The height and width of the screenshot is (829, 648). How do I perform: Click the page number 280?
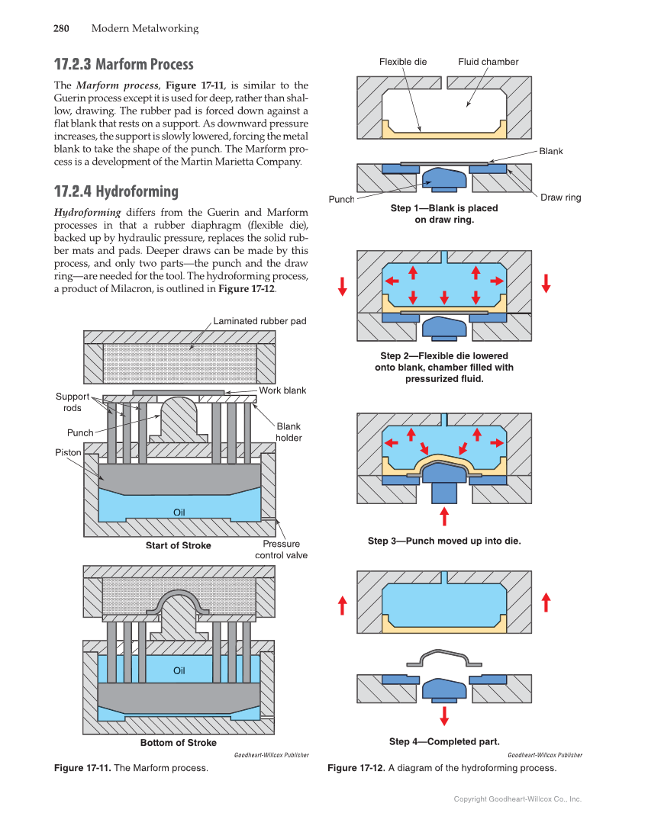pyautogui.click(x=61, y=29)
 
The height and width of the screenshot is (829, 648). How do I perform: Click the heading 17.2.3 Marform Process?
pyautogui.click(x=124, y=64)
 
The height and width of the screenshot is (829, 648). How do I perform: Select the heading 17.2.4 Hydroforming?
pyautogui.click(x=116, y=191)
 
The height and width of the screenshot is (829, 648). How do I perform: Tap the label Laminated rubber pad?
pyautogui.click(x=260, y=321)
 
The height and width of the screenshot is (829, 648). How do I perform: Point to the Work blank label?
pyautogui.click(x=282, y=390)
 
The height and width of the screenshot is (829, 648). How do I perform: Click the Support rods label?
pyautogui.click(x=73, y=402)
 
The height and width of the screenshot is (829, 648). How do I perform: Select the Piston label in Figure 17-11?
pyautogui.click(x=68, y=452)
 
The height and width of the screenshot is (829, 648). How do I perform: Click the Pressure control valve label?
pyautogui.click(x=281, y=550)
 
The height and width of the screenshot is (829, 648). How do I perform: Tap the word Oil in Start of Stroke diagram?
pyautogui.click(x=179, y=512)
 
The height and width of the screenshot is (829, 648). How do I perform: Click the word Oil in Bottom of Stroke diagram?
pyautogui.click(x=179, y=670)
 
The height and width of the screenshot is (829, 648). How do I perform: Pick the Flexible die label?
pyautogui.click(x=403, y=62)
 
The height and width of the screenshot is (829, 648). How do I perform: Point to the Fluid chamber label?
pyautogui.click(x=488, y=62)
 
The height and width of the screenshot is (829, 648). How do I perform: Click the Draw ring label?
pyautogui.click(x=561, y=198)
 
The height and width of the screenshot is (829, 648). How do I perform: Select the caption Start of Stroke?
pyautogui.click(x=179, y=545)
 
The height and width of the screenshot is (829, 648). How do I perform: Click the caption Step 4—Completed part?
pyautogui.click(x=444, y=741)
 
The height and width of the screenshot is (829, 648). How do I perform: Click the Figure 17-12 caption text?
pyautogui.click(x=442, y=768)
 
